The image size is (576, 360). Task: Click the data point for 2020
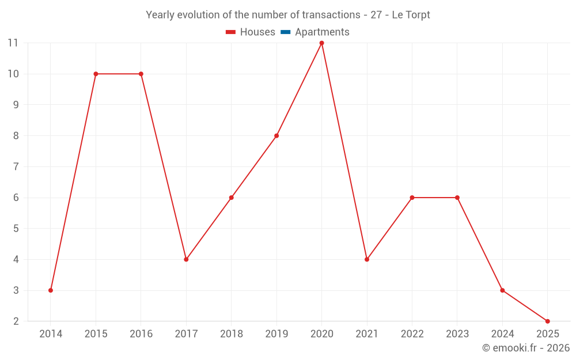tap(321, 43)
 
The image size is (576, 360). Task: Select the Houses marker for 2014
tap(51, 290)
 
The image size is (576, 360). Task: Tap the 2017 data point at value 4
tap(186, 259)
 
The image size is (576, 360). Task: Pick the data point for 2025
tap(547, 321)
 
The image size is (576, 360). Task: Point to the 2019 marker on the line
tap(276, 136)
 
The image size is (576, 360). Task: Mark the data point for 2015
tap(96, 74)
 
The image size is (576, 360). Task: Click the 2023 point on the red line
tap(457, 198)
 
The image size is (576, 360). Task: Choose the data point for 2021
tap(367, 259)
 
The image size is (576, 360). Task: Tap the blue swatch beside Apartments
tap(285, 32)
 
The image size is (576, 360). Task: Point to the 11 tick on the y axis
tap(13, 43)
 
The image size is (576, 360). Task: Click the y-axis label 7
tap(16, 166)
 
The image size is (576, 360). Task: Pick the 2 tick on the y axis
tap(16, 321)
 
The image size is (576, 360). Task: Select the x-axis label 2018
tap(231, 334)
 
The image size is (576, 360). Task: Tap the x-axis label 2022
tap(412, 334)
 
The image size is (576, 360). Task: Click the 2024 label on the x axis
tap(502, 334)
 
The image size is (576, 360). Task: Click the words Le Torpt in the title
tap(411, 15)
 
